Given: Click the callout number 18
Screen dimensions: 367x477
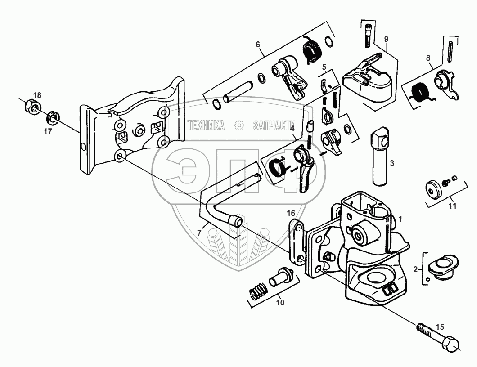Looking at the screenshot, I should point(37,95).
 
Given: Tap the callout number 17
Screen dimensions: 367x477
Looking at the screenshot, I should point(48,131).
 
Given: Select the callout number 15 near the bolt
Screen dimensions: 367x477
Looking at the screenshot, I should point(440,327).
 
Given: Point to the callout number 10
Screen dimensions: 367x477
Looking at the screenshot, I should point(280,303).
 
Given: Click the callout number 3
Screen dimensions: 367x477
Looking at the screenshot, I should point(392,163).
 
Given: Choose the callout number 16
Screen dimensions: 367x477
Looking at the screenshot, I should point(291,213).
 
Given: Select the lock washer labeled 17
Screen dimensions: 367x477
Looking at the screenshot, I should point(54,119).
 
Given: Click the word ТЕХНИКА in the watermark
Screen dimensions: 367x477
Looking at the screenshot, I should point(206,125).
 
